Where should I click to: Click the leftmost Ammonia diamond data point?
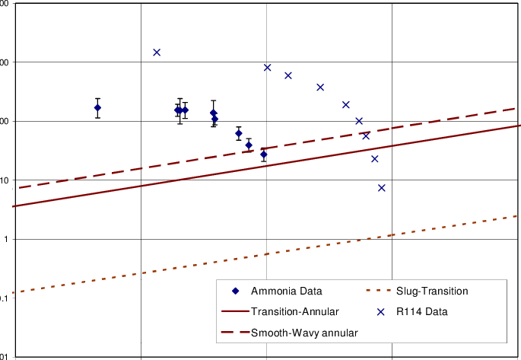[97, 107]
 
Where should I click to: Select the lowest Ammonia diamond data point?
[264, 154]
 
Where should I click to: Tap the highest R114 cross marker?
[157, 53]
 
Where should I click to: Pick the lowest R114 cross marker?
[382, 188]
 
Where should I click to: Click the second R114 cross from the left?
[268, 68]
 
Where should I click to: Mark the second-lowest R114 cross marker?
[375, 159]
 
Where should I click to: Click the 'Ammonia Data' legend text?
[286, 292]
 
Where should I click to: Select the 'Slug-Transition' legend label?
[432, 292]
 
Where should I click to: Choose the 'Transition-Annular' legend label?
[294, 311]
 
